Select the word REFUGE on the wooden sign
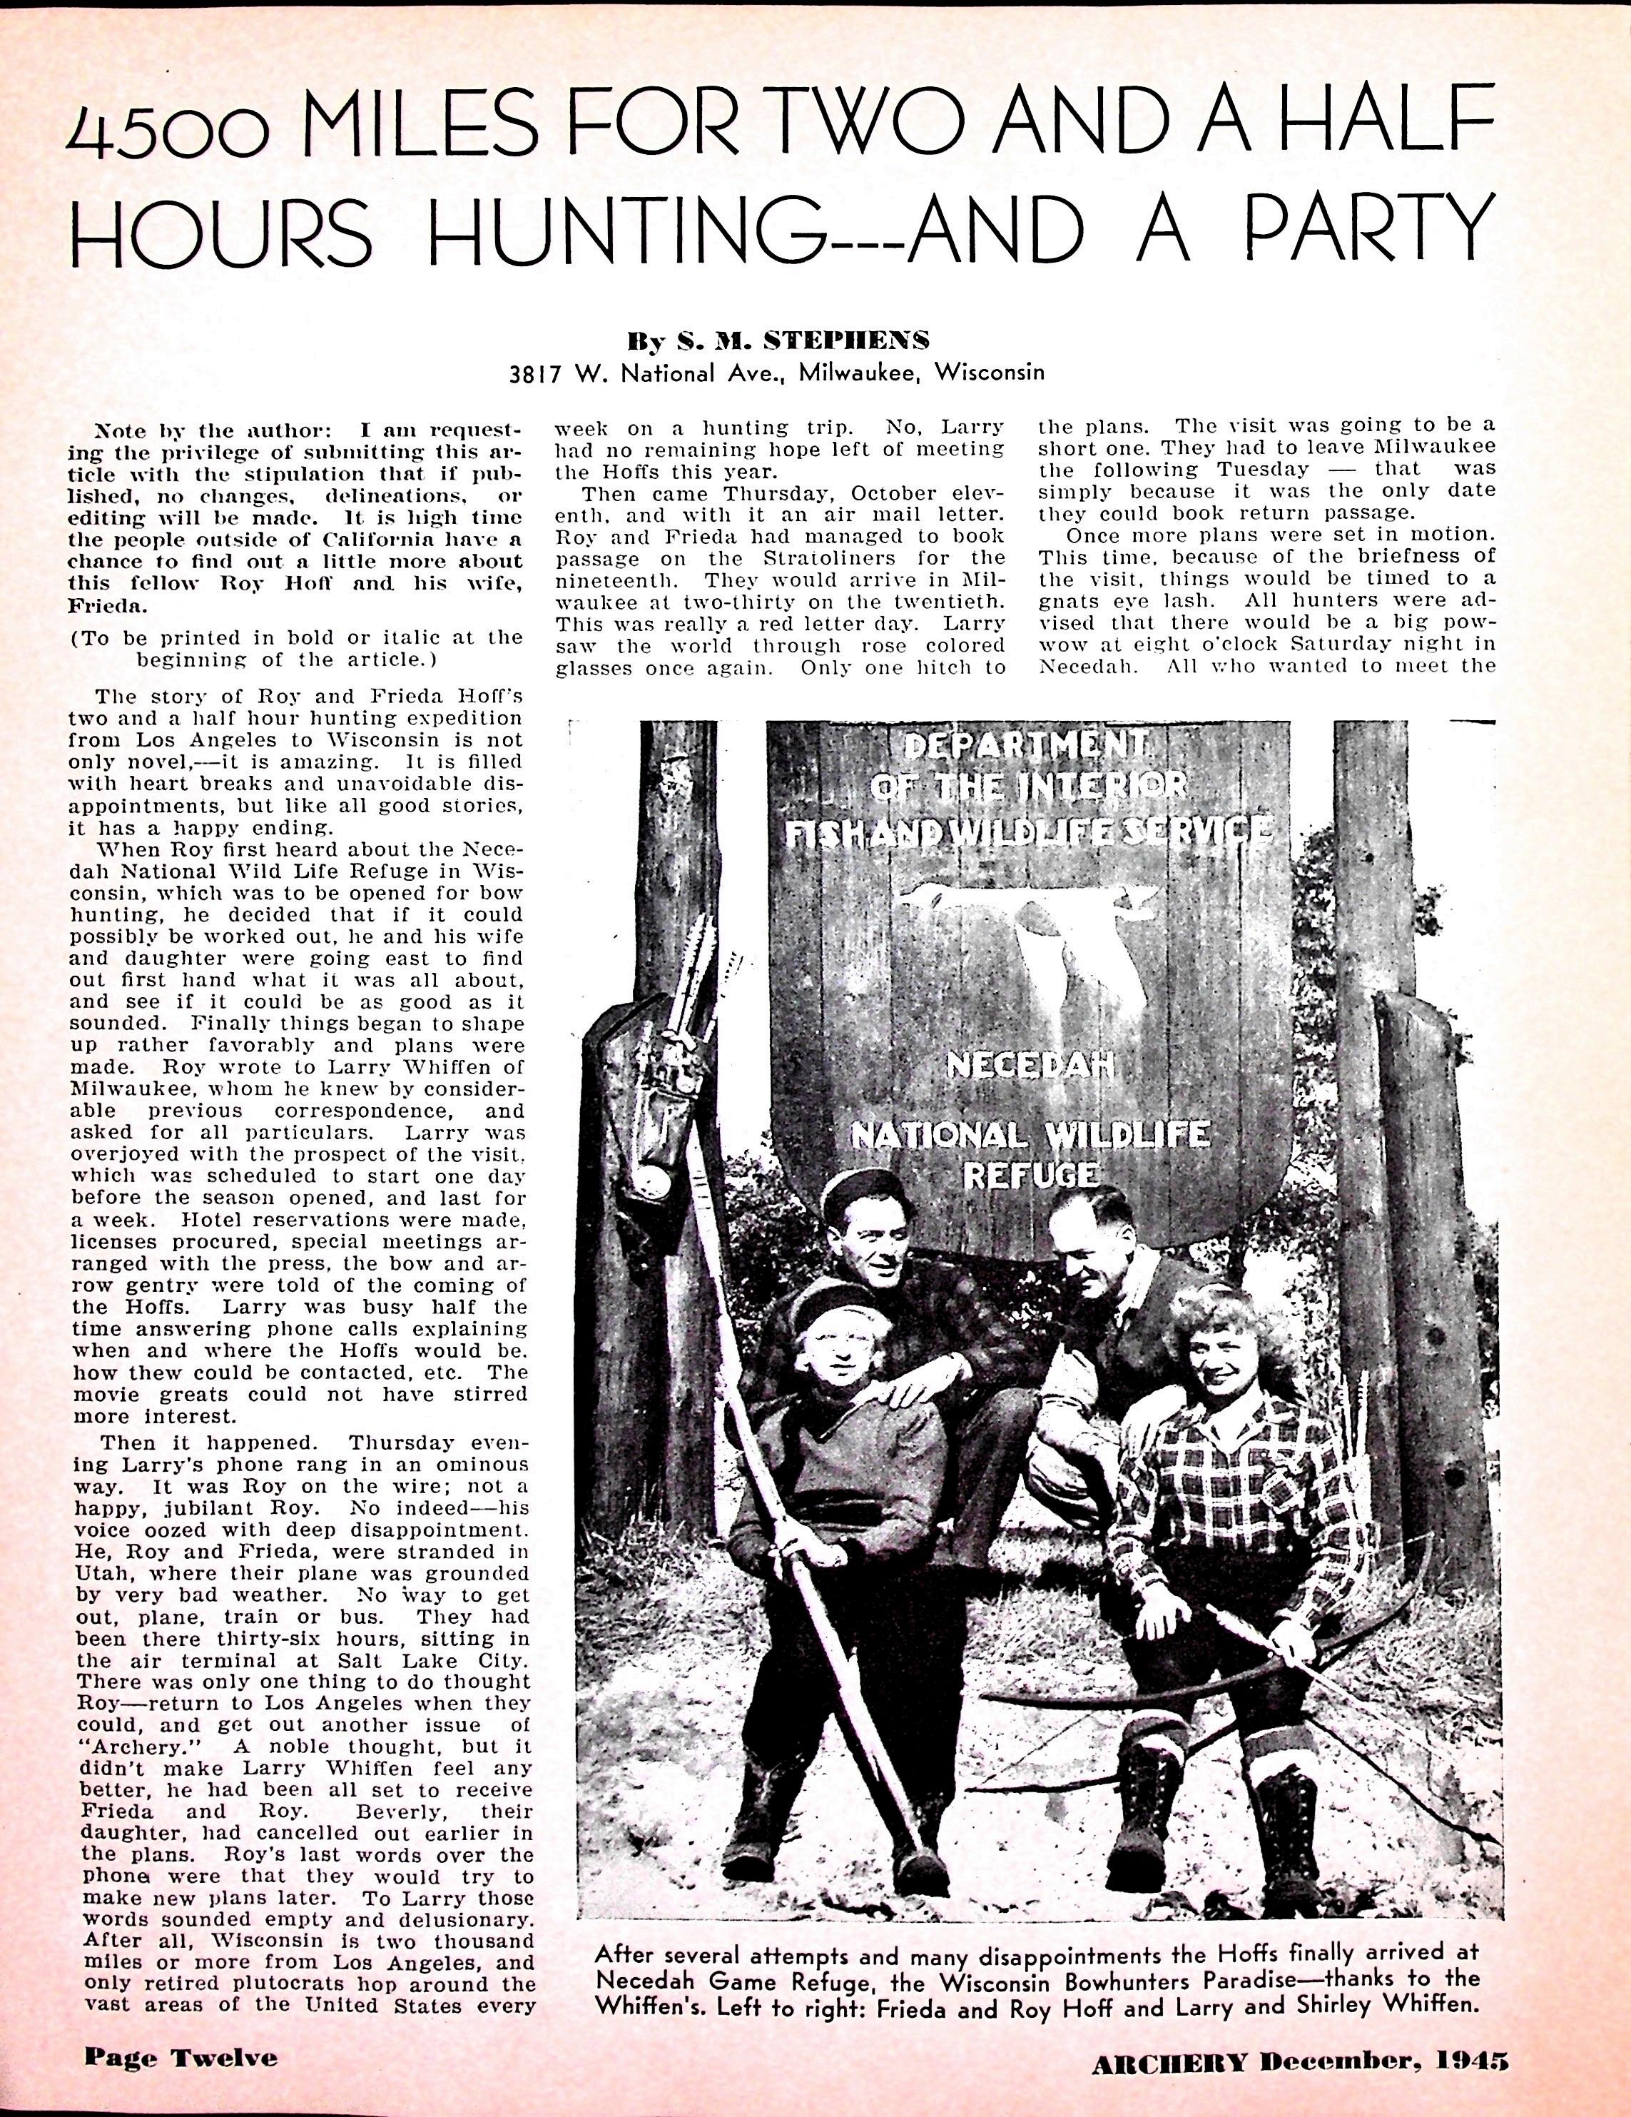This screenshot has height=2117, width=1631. (1030, 1174)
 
